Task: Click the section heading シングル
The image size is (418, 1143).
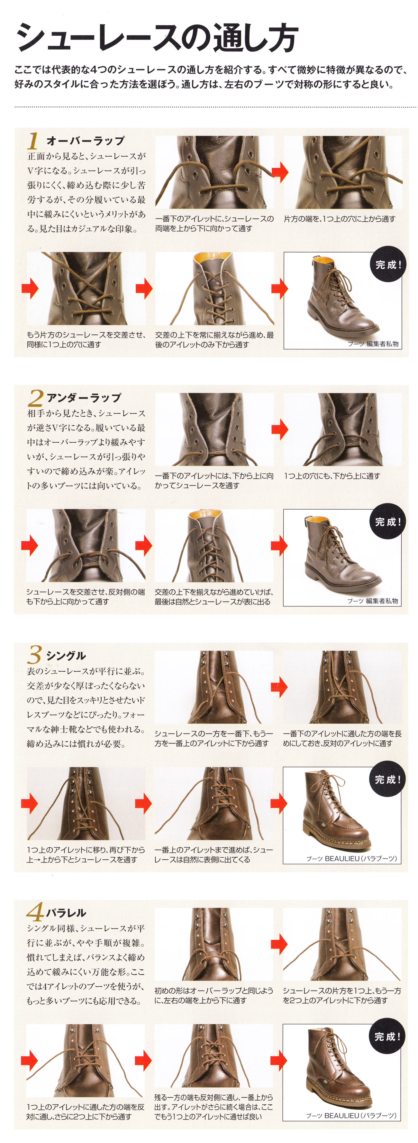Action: coord(66,655)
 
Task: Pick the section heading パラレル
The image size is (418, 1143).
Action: coord(66,913)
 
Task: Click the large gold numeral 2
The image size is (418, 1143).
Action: coord(35,398)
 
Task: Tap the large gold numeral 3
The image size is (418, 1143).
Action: coord(35,654)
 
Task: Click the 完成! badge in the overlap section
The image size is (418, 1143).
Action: coord(388,264)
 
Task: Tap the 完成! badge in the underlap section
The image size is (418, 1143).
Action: coord(387,521)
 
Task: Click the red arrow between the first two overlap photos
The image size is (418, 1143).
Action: coord(280,172)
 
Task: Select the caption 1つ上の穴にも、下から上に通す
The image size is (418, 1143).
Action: coord(332,476)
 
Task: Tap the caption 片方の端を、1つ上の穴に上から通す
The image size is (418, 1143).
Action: coord(340,219)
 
